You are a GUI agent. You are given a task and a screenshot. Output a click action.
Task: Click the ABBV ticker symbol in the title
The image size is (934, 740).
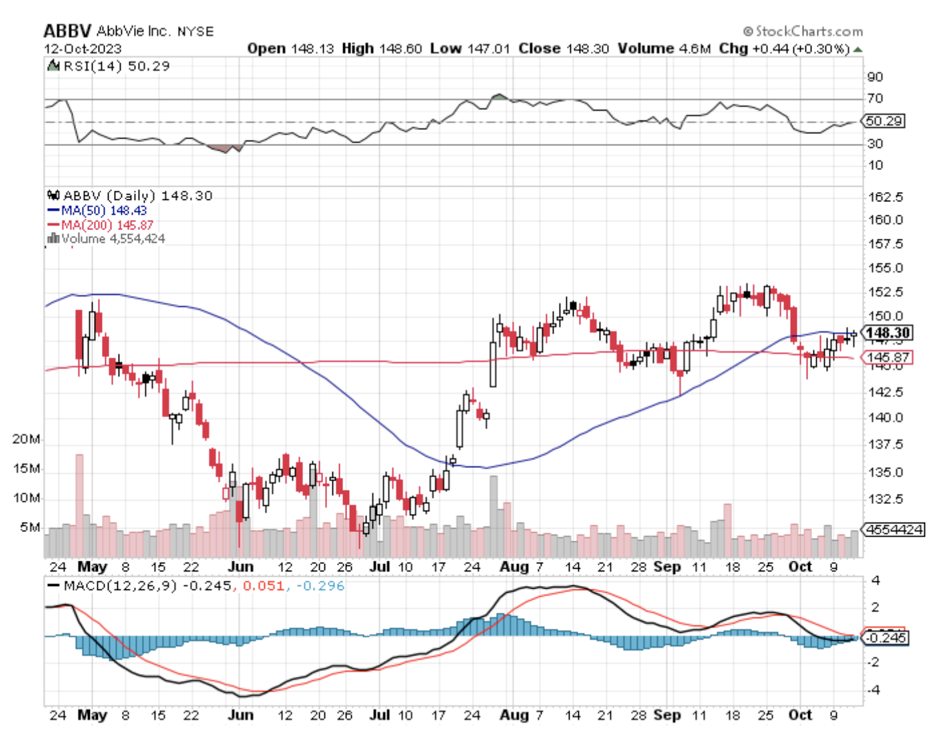[x=67, y=31]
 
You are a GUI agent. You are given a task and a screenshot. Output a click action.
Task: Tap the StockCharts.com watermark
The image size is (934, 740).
[x=803, y=31]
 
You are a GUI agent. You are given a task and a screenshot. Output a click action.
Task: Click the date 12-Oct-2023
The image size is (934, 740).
[x=83, y=49]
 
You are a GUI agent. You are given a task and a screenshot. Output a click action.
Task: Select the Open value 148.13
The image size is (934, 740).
[x=312, y=49]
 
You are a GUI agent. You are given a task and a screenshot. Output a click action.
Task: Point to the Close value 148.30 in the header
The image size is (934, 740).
[x=587, y=49]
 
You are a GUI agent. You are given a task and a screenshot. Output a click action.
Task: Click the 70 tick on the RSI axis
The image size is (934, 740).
[x=875, y=99]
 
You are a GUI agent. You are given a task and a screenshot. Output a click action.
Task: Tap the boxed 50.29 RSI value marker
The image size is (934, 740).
[x=884, y=121]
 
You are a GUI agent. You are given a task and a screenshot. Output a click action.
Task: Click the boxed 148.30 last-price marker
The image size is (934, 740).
[x=887, y=333]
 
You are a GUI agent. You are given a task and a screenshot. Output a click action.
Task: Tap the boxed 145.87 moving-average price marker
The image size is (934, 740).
[x=887, y=357]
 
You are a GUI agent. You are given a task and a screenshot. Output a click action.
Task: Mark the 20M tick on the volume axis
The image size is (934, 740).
[x=26, y=439]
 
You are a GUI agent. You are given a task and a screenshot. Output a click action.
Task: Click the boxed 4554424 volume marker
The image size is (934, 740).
[x=894, y=530]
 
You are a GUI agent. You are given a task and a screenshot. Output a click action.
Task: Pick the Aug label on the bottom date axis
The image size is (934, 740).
[x=514, y=715]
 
